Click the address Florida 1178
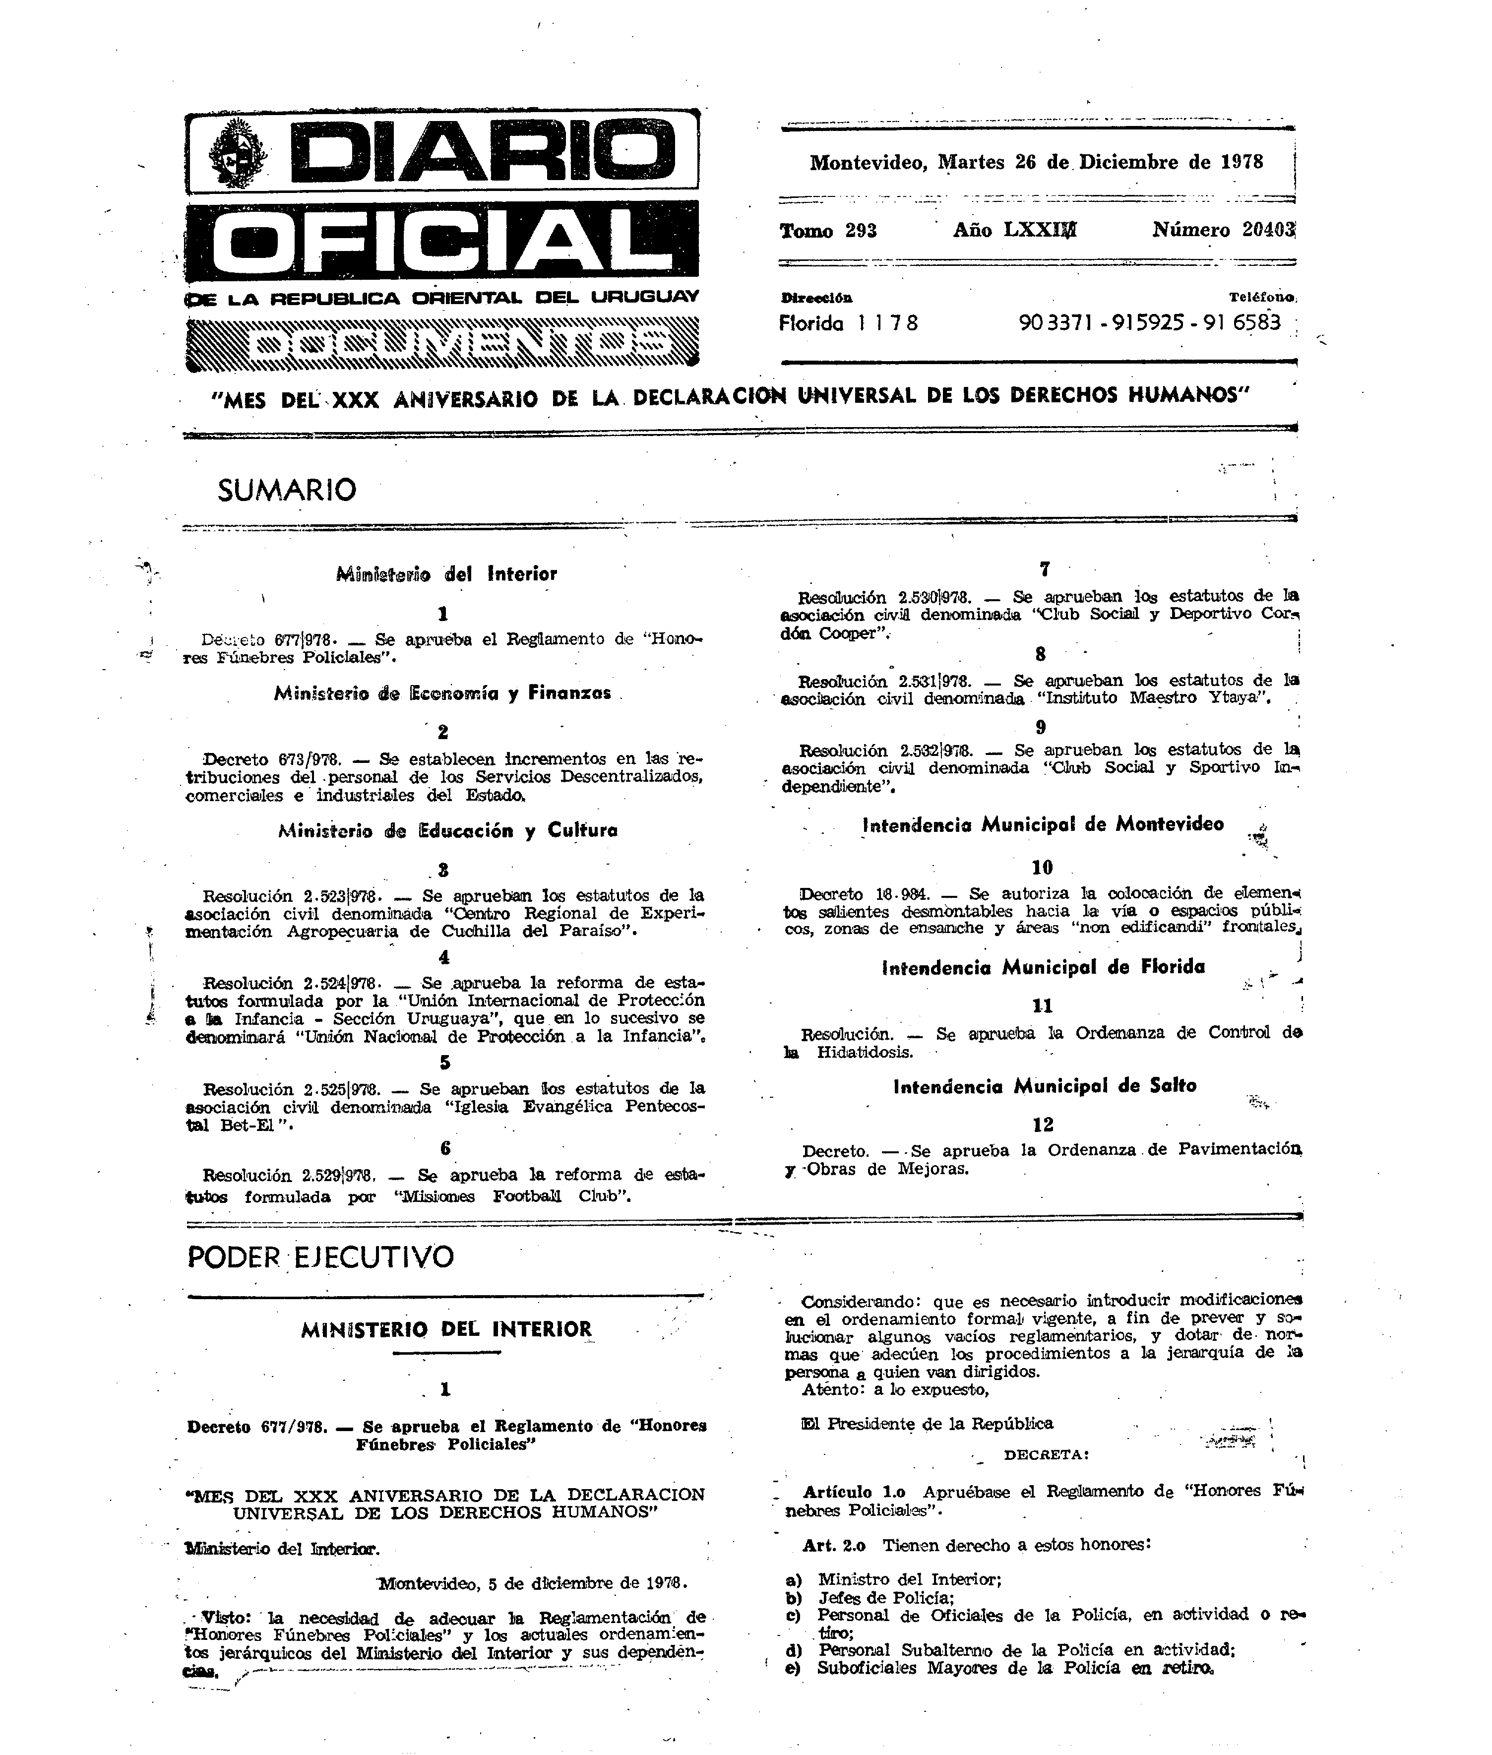[x=848, y=323]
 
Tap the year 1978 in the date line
[x=1241, y=162]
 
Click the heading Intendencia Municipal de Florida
[x=1043, y=967]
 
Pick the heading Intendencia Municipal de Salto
[x=1045, y=1086]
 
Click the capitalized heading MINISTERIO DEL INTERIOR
[x=446, y=1329]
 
